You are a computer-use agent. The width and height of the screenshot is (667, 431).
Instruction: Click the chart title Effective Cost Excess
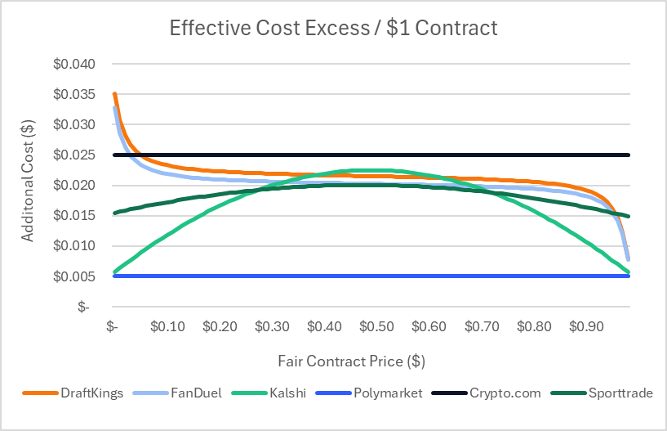(333, 28)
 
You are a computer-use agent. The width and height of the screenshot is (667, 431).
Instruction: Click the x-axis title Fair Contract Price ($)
(351, 361)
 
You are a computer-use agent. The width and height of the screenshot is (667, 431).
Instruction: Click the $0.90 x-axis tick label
(585, 326)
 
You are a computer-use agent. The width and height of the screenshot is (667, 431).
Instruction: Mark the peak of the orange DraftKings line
(115, 95)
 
